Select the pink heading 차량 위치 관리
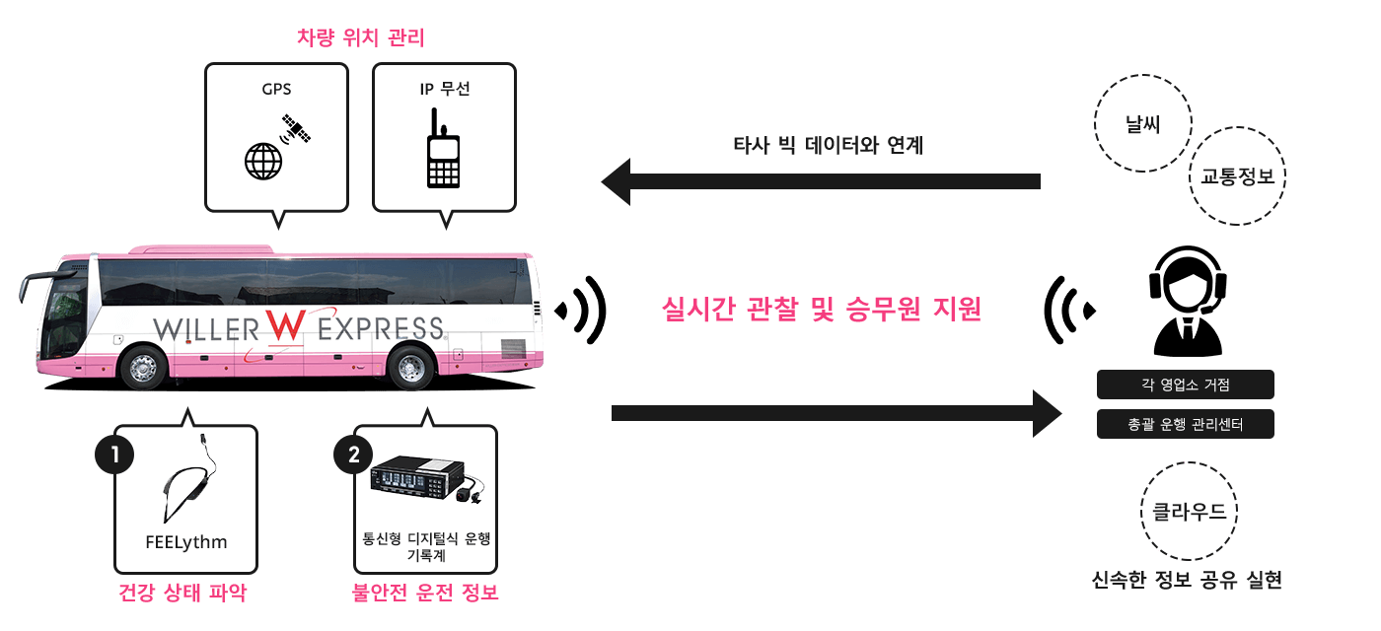coord(360,38)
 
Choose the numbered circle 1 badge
coord(115,455)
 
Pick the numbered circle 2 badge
coord(354,455)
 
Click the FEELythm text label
coord(186,542)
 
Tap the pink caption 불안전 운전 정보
coord(425,594)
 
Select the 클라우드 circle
coord(1190,512)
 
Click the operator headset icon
coord(1188,301)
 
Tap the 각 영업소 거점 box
coord(1185,385)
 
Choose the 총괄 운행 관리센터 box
coord(1185,425)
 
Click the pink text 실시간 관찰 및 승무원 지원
coord(822,310)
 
